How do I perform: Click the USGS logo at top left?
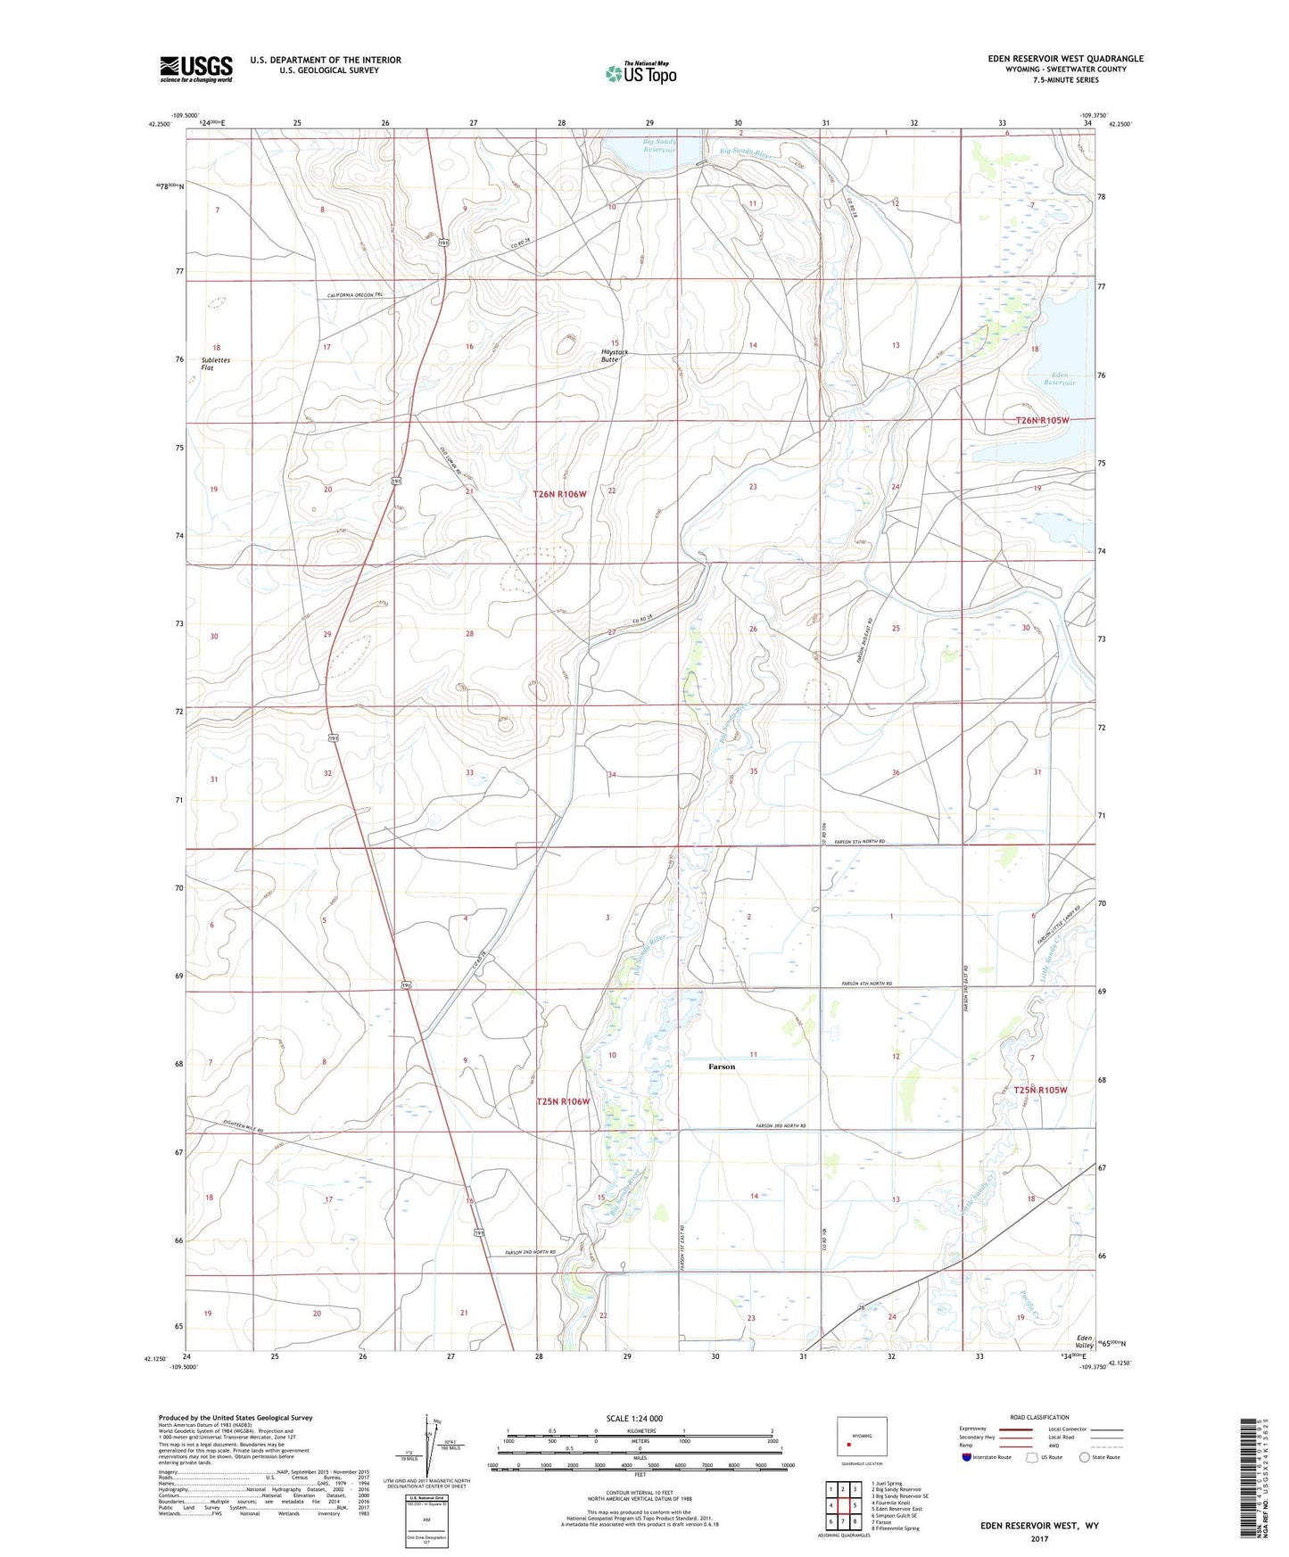tap(195, 69)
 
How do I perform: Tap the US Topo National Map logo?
tap(640, 73)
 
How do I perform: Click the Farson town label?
tap(722, 1067)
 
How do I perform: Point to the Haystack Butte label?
tap(614, 355)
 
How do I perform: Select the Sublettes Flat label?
tap(215, 364)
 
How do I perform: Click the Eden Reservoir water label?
tap(1060, 378)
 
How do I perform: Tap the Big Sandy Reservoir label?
tap(659, 146)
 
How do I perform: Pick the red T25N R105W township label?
tap(1035, 1090)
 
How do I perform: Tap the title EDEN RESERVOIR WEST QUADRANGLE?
tap(1065, 59)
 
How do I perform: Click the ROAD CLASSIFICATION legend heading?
tap(1039, 1417)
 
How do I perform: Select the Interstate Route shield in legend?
tap(968, 1457)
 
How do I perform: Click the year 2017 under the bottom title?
tap(1039, 1539)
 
